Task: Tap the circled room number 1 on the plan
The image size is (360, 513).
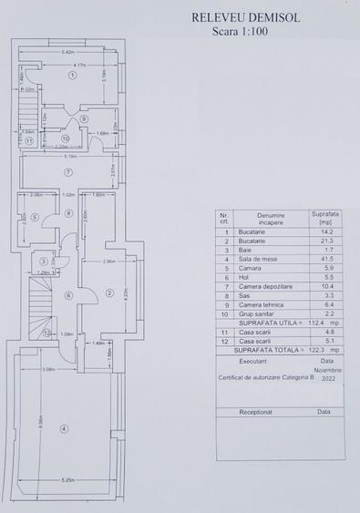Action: point(72,77)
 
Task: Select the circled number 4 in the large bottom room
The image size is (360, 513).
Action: point(64,429)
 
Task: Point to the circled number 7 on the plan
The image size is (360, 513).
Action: point(67,171)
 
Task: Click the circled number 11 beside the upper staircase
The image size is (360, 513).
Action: point(29,141)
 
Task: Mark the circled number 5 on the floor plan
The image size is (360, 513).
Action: point(34,217)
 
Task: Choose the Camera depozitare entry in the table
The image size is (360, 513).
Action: point(264,287)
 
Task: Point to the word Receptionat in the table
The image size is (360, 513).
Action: point(255,411)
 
